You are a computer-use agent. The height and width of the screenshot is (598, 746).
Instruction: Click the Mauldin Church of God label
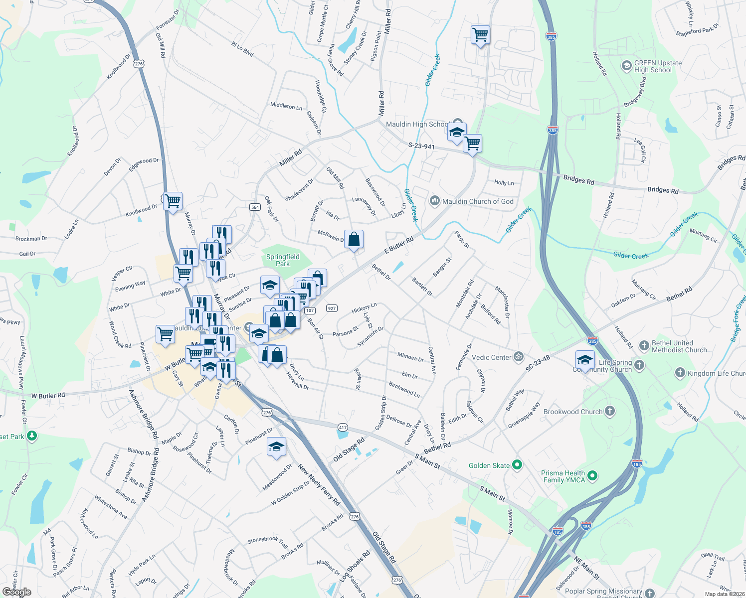coord(478,201)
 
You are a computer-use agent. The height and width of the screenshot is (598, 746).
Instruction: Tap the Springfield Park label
coord(283,260)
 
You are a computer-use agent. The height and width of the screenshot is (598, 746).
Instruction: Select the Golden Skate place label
coord(489,465)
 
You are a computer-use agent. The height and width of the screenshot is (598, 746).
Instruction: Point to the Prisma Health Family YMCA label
coord(564,476)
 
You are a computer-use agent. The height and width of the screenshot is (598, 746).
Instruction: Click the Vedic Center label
coord(492,357)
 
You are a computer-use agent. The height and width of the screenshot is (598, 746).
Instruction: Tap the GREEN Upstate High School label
coord(657,66)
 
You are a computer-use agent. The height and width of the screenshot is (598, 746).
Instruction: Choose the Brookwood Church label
coord(573,412)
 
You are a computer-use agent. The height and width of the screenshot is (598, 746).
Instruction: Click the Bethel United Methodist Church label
coord(679,346)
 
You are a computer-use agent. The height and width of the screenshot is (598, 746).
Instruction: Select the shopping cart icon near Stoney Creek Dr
coord(480,35)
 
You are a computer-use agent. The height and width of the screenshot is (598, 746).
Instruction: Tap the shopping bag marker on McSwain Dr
coord(354,240)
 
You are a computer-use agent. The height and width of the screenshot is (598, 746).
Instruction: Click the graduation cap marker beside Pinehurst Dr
coord(276,447)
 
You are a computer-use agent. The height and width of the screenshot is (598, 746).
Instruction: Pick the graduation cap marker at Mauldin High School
coord(456,133)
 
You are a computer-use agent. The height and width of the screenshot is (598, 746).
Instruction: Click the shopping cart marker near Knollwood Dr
coord(173,201)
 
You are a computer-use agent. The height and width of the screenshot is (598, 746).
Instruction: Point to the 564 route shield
coord(255,207)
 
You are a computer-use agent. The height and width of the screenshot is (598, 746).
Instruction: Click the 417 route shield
coord(343,427)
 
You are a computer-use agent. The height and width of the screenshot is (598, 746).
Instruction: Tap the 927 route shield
coord(332,308)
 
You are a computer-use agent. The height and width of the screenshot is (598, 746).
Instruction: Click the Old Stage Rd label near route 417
coord(349,449)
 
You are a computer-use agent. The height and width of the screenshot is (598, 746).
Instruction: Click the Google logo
coord(17,592)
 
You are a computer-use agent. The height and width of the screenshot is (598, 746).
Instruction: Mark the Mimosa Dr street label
coord(410,357)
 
